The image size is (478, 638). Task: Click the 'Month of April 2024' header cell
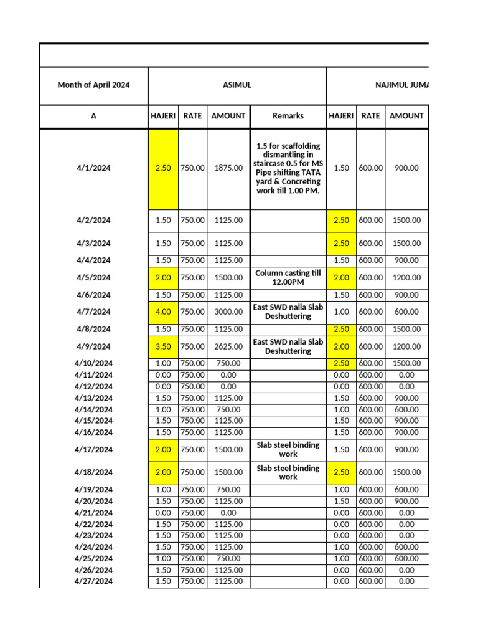coord(93,85)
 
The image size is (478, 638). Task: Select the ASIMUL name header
coord(237,85)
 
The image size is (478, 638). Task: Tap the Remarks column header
coord(288,116)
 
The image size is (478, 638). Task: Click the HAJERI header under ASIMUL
coord(163,116)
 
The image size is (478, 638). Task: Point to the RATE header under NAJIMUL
coord(370,116)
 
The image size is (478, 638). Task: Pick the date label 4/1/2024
coord(93,168)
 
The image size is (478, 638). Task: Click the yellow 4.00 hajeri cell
coord(163,312)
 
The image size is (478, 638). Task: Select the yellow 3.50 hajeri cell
coord(163,346)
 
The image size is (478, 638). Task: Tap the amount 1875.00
coord(228,168)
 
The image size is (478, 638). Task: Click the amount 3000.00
coord(228,312)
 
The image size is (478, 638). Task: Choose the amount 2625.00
coord(228,346)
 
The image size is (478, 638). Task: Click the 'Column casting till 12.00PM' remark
coord(288,278)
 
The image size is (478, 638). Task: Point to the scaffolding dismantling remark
coord(288,168)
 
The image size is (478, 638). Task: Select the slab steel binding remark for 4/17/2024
coord(288,449)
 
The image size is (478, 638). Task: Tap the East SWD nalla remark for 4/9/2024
coord(288,346)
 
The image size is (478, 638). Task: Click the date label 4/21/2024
coord(93,513)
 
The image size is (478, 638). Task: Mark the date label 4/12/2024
coord(93,387)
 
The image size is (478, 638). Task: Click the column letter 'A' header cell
coord(93,116)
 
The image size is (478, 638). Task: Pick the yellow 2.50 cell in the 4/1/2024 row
coord(163,168)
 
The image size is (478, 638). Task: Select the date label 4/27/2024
coord(93,581)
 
